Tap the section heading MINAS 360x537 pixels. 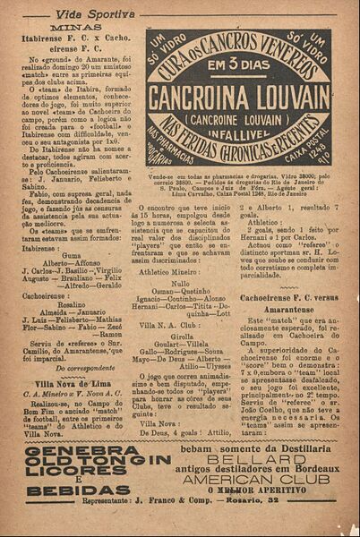click(x=74, y=28)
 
